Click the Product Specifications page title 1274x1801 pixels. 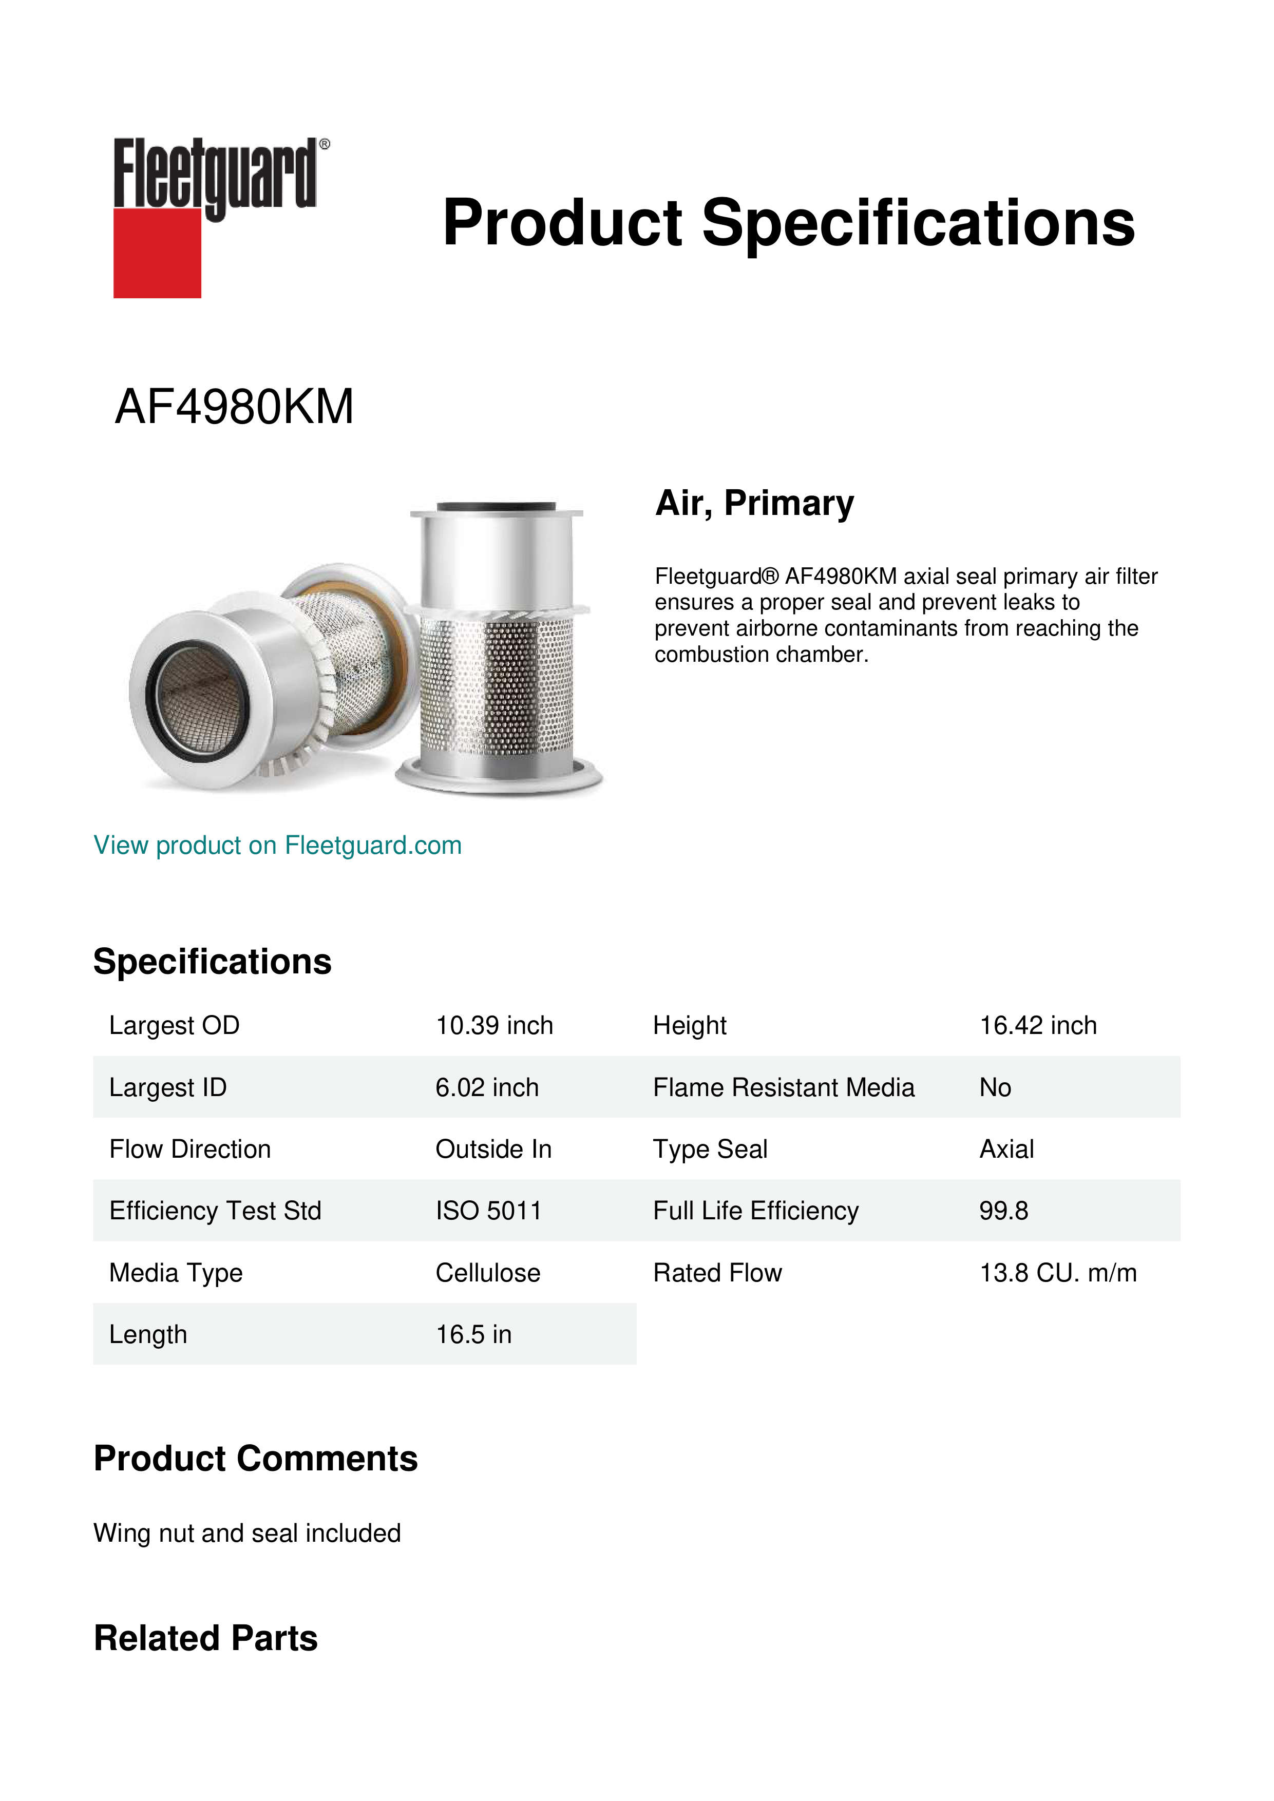[788, 223]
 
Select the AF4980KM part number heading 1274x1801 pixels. [234, 407]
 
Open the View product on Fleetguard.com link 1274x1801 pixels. [277, 845]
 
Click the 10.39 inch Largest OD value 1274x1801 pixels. [494, 1025]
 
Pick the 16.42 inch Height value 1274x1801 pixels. [1037, 1025]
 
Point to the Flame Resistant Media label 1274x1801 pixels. [783, 1087]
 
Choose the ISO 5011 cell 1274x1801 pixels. [488, 1211]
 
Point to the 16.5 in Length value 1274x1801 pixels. [473, 1334]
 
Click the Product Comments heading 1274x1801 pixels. [255, 1459]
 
